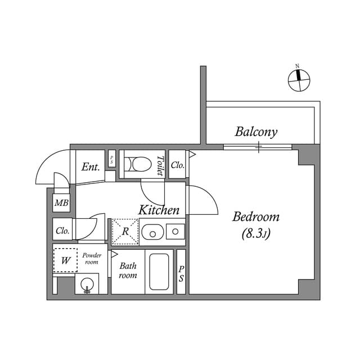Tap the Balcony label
click(x=256, y=132)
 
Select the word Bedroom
click(x=256, y=217)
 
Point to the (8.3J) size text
click(x=256, y=234)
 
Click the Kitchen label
click(x=159, y=210)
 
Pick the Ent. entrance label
click(x=91, y=167)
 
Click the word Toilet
click(x=160, y=165)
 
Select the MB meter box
click(x=61, y=203)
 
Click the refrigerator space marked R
click(x=125, y=231)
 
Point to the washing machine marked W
click(x=65, y=260)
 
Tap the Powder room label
click(x=92, y=259)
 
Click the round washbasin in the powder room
click(x=87, y=285)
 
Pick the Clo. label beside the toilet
click(x=177, y=165)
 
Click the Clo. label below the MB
click(x=62, y=231)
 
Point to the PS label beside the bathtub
click(x=181, y=274)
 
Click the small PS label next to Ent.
click(x=112, y=160)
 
